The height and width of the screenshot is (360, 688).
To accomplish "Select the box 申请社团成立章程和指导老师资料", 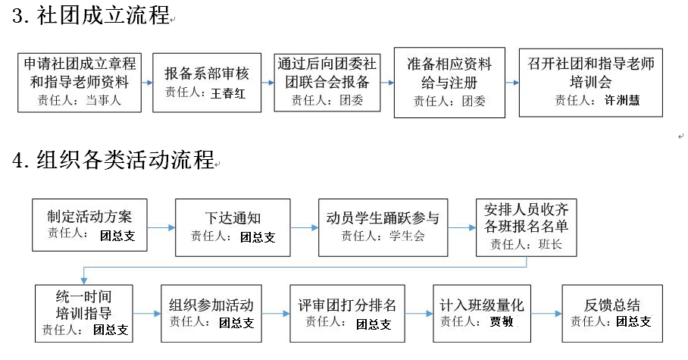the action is tap(80, 83).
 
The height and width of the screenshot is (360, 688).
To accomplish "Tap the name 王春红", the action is tap(228, 93).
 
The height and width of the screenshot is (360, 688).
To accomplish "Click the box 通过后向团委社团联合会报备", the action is tap(327, 83).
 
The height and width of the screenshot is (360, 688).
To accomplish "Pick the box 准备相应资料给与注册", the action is tap(449, 83).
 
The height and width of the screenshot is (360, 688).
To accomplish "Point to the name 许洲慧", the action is tap(622, 101).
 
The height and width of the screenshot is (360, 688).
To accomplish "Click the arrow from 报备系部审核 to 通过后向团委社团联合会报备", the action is tap(267, 83).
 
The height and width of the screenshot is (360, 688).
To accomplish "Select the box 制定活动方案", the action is tap(89, 225).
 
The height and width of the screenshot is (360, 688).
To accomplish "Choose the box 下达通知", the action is tap(233, 227).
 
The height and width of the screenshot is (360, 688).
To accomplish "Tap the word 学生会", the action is tap(407, 236).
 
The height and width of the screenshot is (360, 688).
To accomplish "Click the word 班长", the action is tap(550, 244).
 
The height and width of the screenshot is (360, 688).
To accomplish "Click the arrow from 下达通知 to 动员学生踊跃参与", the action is tap(305, 227).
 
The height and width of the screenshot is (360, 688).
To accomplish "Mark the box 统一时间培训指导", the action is tap(84, 314).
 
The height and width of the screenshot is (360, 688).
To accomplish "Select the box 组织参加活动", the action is tap(211, 314).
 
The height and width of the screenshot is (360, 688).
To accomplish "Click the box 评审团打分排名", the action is tap(347, 314).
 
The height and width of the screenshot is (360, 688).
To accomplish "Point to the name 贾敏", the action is tap(502, 322).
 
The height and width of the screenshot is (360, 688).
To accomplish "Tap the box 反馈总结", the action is tap(612, 314).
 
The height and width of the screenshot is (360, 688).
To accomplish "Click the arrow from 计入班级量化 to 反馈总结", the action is tap(546, 314).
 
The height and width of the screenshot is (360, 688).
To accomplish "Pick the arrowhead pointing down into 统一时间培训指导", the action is tap(84, 281).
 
